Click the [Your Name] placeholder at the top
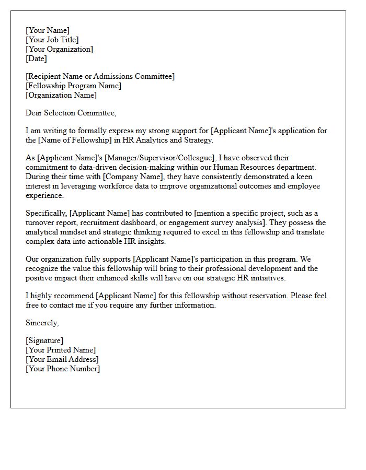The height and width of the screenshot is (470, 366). pos(47,30)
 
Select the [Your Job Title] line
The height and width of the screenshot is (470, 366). pos(52,40)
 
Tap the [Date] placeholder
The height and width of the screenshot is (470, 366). pos(36,58)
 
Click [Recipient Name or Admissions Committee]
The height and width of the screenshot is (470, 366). pos(100,76)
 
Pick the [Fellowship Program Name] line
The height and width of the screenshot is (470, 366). pos(73,86)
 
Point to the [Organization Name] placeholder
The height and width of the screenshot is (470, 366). pos(61,95)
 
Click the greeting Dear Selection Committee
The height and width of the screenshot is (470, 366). pos(71,113)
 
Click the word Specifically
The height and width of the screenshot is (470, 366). pos(46,213)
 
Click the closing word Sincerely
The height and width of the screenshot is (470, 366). pos(42,323)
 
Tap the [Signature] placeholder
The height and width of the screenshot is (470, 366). pos(44,340)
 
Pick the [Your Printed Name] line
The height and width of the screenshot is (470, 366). pos(61,350)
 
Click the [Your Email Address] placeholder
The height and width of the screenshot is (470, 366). pos(62,359)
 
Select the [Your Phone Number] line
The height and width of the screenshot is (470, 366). pos(63,369)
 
